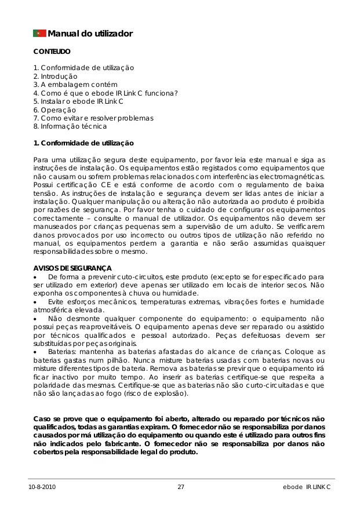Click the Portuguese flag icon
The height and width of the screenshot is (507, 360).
pyautogui.click(x=39, y=33)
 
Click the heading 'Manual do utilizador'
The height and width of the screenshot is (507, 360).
pyautogui.click(x=90, y=34)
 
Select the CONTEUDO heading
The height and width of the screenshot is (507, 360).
pyautogui.click(x=52, y=52)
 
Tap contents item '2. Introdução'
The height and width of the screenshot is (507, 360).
pyautogui.click(x=55, y=76)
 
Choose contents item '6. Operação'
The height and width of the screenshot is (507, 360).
pyautogui.click(x=54, y=110)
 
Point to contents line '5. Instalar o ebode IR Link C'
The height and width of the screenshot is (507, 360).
pyautogui.click(x=78, y=101)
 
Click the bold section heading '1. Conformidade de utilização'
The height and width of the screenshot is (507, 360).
pyautogui.click(x=83, y=143)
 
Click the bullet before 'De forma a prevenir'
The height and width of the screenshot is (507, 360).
pyautogui.click(x=35, y=277)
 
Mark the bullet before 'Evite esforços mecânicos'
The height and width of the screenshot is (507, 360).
pyautogui.click(x=35, y=302)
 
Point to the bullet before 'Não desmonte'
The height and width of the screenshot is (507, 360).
pyautogui.click(x=35, y=319)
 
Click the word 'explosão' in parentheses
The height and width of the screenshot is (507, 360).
pyautogui.click(x=171, y=393)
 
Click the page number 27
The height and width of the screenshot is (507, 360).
pyautogui.click(x=181, y=487)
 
